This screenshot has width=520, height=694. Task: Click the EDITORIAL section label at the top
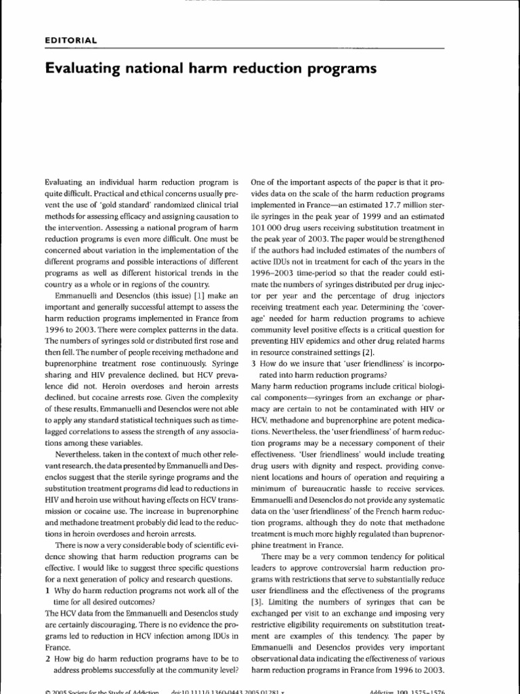click(x=71, y=39)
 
